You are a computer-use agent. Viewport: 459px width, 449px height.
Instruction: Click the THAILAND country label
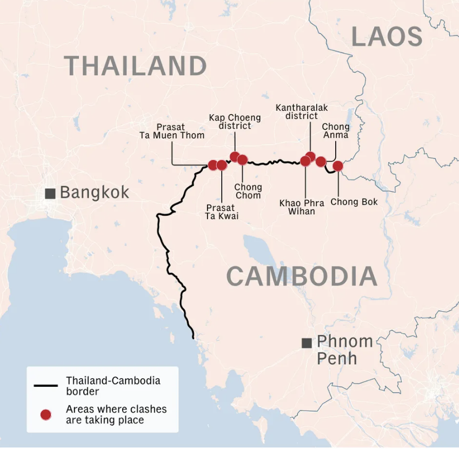tap(135, 66)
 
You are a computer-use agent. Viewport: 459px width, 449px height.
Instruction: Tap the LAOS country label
tap(387, 37)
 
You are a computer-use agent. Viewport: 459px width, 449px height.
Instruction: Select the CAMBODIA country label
tap(301, 276)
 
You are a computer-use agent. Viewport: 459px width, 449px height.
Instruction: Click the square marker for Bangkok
tap(50, 193)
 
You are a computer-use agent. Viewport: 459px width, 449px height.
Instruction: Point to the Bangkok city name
tap(95, 192)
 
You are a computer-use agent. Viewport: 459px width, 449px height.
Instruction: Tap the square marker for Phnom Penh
tap(307, 342)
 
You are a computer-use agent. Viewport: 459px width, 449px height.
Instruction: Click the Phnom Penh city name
tap(344, 349)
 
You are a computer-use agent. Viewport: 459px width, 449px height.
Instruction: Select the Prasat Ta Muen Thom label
tap(172, 131)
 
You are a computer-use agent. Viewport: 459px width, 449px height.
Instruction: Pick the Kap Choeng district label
tap(235, 122)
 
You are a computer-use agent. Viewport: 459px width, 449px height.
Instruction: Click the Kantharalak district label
tap(302, 112)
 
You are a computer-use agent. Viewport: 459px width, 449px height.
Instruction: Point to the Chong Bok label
tap(354, 202)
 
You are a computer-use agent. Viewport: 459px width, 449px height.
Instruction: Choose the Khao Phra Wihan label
tap(302, 207)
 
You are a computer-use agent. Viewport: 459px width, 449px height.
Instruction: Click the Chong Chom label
tap(248, 191)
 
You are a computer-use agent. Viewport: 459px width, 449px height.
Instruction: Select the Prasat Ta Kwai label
tap(222, 212)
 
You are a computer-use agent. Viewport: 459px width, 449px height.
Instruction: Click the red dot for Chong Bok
tap(338, 166)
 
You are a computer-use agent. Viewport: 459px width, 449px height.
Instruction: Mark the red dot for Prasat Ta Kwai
tap(222, 165)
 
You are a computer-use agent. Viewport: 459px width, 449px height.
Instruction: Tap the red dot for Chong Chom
tap(242, 160)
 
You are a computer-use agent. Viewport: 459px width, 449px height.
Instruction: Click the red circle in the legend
tap(46, 414)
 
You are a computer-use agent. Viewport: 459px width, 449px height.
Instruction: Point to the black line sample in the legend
tap(46, 386)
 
